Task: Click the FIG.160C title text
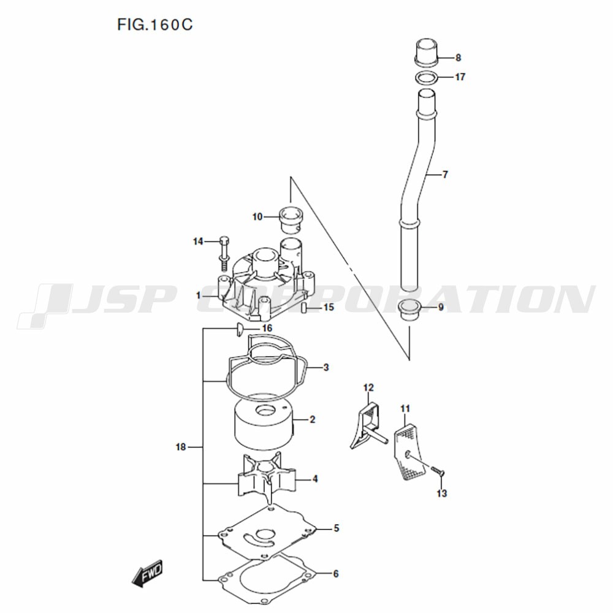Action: [155, 25]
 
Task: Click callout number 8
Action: [458, 58]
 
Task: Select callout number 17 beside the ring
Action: [460, 77]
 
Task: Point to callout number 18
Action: [181, 446]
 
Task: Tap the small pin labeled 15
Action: [303, 307]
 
